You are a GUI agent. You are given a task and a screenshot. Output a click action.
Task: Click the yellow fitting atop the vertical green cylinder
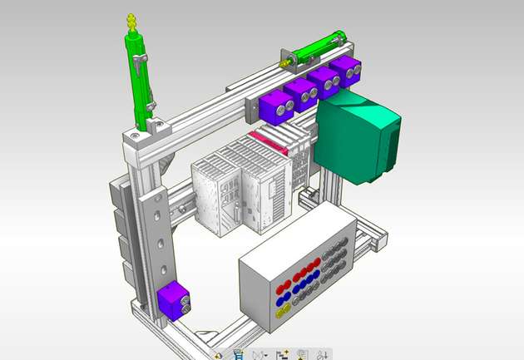point(130,20)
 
